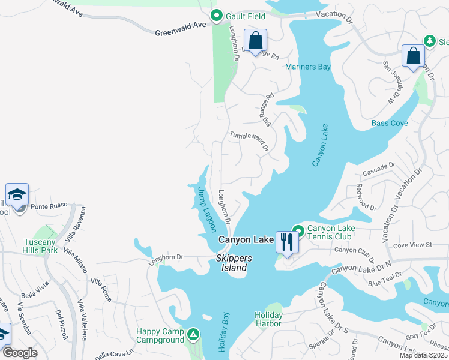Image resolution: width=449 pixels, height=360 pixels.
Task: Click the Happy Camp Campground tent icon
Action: point(193,333)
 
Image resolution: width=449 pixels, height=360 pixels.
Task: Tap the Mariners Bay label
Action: point(308,67)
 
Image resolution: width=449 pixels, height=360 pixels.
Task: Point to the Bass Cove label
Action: point(390,123)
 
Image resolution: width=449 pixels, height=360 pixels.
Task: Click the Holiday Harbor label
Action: point(268,319)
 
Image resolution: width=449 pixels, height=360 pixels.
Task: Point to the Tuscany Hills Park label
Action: point(40,246)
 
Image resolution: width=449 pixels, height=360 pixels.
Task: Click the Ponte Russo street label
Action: point(47,206)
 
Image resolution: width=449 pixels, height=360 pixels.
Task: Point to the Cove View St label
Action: point(412,245)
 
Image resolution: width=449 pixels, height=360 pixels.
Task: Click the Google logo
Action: point(20,353)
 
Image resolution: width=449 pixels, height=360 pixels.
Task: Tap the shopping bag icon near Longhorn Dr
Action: point(255,41)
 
